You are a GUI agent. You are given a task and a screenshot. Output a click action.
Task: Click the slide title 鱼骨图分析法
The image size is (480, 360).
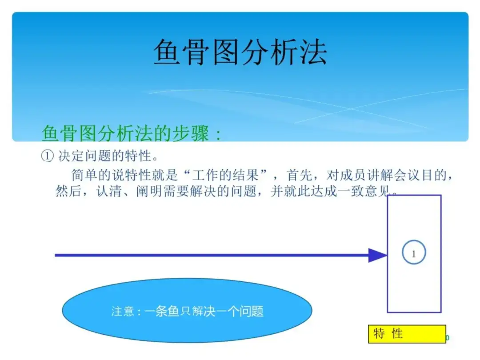[240, 52]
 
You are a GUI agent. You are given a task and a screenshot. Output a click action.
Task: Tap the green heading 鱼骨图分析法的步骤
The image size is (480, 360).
[125, 133]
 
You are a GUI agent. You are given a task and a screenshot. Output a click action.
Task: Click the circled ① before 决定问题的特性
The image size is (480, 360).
[48, 156]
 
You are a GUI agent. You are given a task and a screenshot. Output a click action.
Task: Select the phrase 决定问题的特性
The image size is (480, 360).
[105, 156]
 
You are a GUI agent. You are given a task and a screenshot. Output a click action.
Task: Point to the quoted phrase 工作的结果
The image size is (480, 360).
[225, 175]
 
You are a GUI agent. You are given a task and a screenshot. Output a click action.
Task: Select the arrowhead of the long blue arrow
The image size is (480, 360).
[378, 255]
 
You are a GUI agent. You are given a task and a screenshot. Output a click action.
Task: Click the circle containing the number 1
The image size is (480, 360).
[414, 252]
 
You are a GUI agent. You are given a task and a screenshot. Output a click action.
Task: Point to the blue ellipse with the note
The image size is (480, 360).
[187, 310]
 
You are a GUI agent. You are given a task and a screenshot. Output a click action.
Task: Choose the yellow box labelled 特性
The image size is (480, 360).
[407, 334]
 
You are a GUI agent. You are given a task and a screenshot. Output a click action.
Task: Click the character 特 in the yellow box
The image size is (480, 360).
[379, 333]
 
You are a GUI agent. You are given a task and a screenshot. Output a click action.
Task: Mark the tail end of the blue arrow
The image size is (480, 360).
[55, 255]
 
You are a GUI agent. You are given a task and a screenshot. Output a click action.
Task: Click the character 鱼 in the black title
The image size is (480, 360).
[167, 52]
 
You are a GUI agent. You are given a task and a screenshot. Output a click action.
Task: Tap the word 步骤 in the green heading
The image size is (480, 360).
[191, 133]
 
